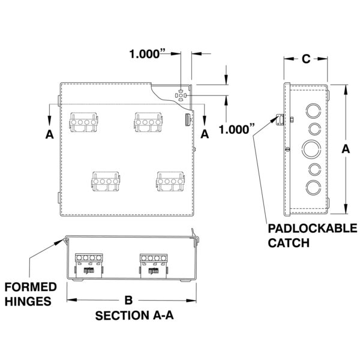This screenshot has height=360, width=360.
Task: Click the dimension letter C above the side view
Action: (306, 59)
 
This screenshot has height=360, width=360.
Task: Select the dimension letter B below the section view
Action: (128, 300)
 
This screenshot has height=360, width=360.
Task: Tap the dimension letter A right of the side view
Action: (346, 149)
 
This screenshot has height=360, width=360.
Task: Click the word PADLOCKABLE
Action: (313, 229)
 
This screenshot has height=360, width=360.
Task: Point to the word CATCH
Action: (289, 242)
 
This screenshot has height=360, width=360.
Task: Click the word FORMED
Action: (31, 287)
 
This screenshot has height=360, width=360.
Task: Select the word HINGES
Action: (28, 301)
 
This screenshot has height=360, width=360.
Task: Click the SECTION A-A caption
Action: (134, 316)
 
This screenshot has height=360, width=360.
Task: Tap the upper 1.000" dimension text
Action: (148, 54)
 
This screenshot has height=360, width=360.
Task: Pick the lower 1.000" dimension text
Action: (237, 129)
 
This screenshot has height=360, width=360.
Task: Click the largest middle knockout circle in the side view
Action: (311, 149)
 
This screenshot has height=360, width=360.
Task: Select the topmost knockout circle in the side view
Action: (313, 111)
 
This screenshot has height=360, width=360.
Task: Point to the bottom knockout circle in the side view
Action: (313, 188)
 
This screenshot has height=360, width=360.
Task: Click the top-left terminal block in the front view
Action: (83, 122)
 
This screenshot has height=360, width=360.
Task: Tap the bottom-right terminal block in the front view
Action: (170, 181)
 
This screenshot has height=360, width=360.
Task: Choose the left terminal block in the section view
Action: (89, 266)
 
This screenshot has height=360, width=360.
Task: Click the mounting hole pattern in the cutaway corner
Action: (181, 95)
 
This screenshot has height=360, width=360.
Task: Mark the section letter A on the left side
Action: (49, 134)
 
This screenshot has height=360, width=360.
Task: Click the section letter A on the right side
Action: (205, 134)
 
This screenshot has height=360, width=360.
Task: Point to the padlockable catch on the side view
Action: (280, 119)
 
